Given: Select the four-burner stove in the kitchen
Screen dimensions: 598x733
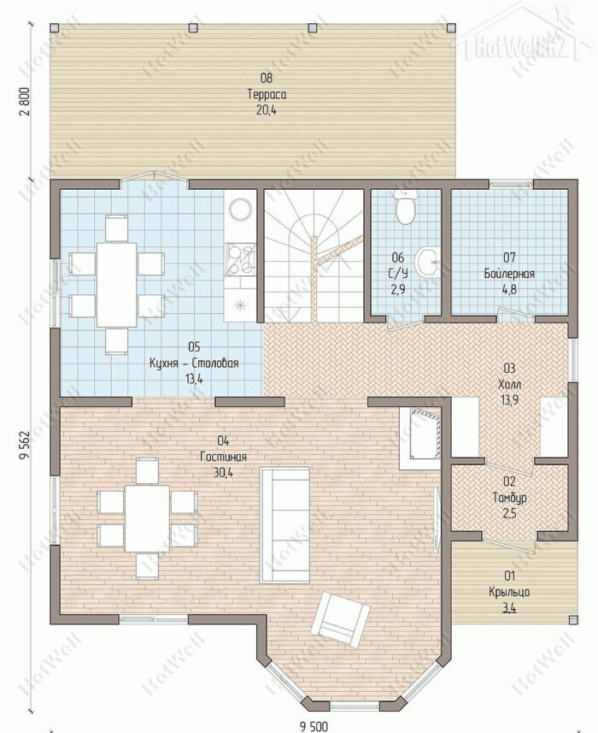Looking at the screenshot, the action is click(241, 260).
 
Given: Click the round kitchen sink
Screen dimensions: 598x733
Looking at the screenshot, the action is click(241, 209).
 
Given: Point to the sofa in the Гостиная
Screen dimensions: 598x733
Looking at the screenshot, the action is click(284, 524).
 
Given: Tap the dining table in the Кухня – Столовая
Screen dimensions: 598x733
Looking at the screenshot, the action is click(117, 285).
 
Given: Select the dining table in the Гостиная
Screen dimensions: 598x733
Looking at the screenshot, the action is click(147, 518).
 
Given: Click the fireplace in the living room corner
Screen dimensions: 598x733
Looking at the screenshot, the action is click(420, 438).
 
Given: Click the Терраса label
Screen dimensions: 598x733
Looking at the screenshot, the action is click(267, 94).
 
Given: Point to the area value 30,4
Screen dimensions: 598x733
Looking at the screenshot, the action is click(224, 473).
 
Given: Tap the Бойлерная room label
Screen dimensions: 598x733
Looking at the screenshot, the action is click(509, 274).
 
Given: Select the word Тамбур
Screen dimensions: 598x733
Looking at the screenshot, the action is click(510, 498).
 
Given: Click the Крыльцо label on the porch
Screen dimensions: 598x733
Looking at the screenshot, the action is click(509, 592).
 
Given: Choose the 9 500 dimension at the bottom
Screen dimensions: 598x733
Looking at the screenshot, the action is click(314, 726).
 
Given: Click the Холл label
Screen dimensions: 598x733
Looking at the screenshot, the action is click(509, 384).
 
